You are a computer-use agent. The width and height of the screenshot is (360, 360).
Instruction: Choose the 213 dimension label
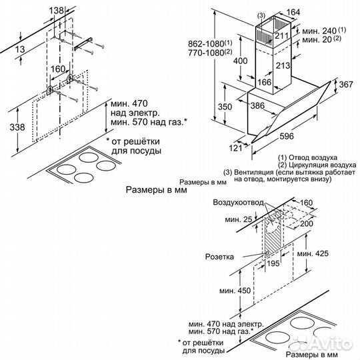[283, 65]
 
